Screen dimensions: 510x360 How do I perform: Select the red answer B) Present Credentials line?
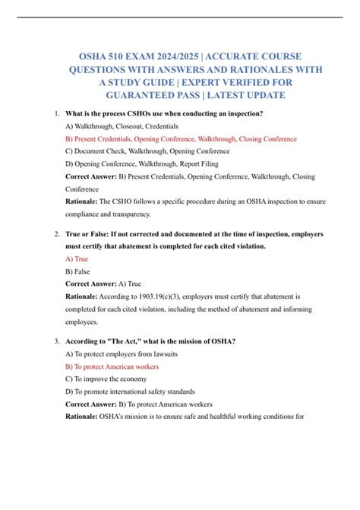point(181,139)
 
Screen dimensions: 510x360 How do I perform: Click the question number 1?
point(58,114)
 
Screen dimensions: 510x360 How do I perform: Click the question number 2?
point(58,234)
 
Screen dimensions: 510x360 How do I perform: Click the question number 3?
point(58,341)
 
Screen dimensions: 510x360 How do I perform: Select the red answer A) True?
point(77,258)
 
